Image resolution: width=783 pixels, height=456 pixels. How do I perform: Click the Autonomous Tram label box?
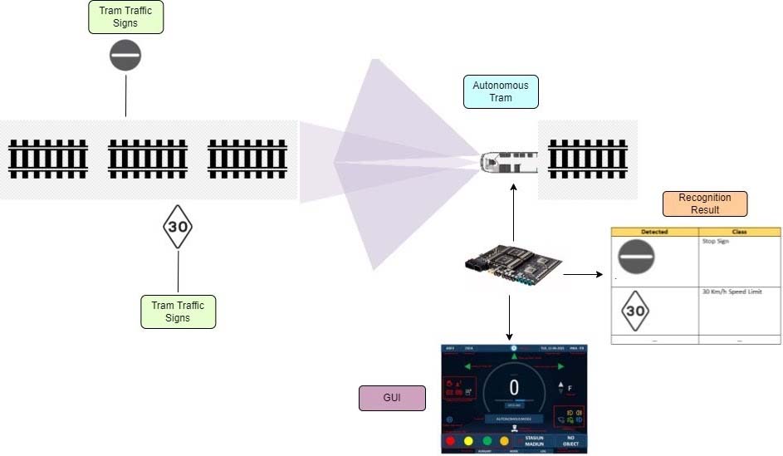(501, 91)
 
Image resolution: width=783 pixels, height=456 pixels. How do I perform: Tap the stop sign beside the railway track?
(125, 56)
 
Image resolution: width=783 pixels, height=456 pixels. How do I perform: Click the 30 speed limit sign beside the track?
(178, 226)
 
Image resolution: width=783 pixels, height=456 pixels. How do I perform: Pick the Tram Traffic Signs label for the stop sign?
(126, 17)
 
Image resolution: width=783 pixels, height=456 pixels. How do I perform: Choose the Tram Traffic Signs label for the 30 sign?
(178, 311)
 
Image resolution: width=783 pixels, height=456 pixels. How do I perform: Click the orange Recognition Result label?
(704, 203)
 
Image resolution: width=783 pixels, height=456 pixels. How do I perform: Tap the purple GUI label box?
(392, 399)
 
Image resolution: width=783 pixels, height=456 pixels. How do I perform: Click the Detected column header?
(654, 232)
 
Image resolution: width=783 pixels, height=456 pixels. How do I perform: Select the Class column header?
(739, 232)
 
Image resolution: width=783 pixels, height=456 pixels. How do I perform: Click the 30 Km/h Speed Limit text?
(732, 292)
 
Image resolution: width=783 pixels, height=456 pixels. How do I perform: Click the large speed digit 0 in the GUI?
(514, 387)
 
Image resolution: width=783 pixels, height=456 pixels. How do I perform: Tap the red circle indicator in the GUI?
(451, 440)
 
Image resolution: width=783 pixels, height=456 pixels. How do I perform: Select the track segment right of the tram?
(588, 159)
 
